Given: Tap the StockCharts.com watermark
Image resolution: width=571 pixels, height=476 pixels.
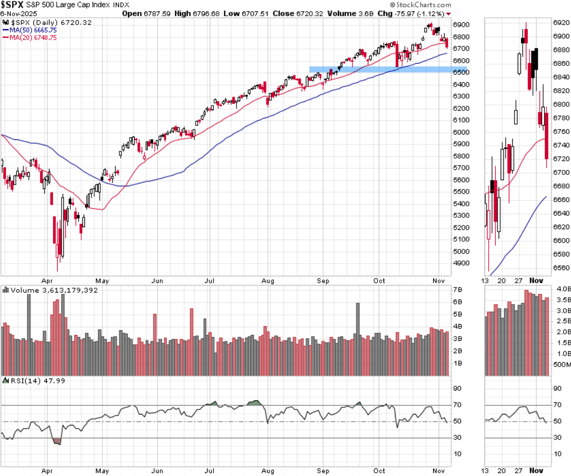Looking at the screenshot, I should coord(421,4).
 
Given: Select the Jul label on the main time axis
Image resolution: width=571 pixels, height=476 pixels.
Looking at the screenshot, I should coord(209,281).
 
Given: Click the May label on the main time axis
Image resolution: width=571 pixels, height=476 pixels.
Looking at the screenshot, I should coord(102,281).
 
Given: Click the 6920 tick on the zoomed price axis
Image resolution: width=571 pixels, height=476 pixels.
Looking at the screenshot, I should coord(561,23).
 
